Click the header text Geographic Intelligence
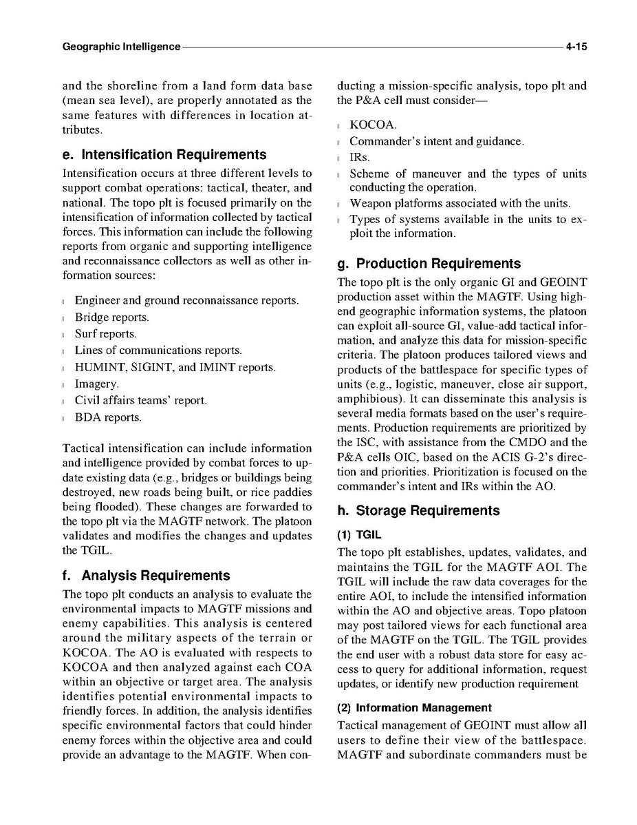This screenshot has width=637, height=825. point(121,48)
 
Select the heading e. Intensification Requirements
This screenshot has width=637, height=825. point(164,154)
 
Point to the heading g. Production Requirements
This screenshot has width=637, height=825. point(429,263)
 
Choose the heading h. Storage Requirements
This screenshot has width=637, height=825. point(418,510)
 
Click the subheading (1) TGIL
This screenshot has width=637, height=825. point(359,534)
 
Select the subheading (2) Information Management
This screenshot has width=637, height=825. point(414,707)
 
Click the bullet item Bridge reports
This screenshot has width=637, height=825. point(111,317)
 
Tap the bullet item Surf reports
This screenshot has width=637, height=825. point(105,334)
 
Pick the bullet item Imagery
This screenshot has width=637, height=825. point(96,384)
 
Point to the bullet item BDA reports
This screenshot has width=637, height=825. point(108,417)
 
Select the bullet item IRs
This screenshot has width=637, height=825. point(360,158)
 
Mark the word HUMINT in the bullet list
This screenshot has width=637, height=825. point(97,367)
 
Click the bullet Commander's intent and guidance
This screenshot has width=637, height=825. point(436,141)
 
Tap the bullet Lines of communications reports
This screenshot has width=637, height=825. point(158,351)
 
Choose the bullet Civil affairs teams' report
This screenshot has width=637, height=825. point(140,400)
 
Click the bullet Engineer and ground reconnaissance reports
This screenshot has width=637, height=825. point(186,301)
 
